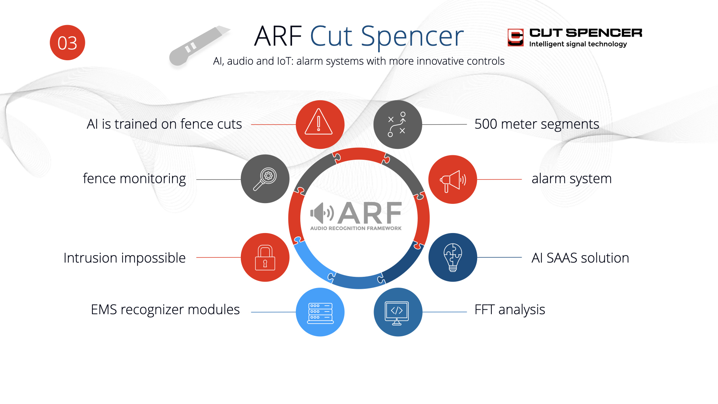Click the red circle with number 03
67,43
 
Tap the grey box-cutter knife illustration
199,46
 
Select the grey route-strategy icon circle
398,124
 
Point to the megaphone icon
452,180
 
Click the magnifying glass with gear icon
265,179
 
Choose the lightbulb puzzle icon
452,257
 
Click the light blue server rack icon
320,312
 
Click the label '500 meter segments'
537,124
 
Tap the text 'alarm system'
571,179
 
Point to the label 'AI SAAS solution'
580,258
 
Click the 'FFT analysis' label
510,310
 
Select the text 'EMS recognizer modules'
165,310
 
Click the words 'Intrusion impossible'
125,258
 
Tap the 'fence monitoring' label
134,179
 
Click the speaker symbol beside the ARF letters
322,213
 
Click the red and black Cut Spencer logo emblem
515,37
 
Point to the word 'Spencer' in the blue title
412,36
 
